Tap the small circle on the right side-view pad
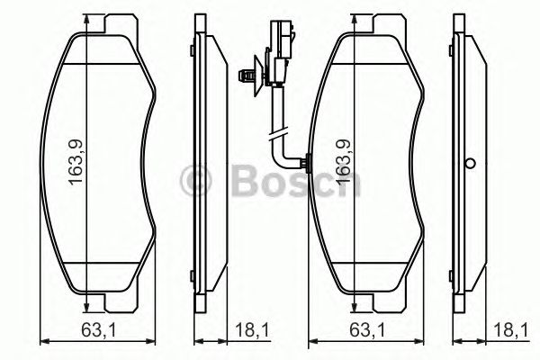click(x=469, y=164)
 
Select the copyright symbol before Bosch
click(x=197, y=180)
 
